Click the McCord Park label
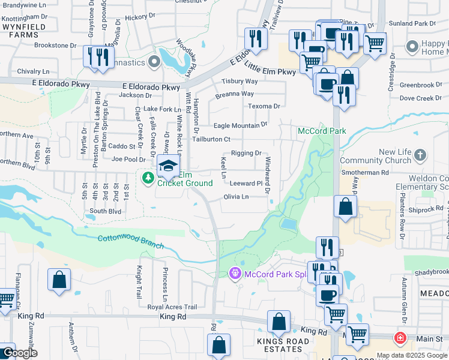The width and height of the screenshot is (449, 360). pos(322,131)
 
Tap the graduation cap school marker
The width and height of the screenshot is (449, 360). pos(169,166)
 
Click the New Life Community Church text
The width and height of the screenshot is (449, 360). pos(378,157)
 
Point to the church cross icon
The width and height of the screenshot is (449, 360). pos(420,155)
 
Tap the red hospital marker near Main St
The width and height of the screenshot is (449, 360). pos(400,338)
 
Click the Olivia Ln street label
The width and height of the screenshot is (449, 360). pos(236,197)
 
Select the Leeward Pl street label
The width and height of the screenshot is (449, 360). pos(247,184)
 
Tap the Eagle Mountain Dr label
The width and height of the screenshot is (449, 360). pos(240,125)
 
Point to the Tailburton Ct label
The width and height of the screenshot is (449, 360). pos(211,139)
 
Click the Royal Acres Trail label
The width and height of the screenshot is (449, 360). pos(172,307)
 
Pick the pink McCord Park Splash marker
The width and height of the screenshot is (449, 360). pos(235,274)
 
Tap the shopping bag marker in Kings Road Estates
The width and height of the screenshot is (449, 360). pos(279,322)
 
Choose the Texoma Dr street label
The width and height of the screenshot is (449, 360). pos(264,106)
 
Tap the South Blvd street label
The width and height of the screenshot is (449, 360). pos(105,211)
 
